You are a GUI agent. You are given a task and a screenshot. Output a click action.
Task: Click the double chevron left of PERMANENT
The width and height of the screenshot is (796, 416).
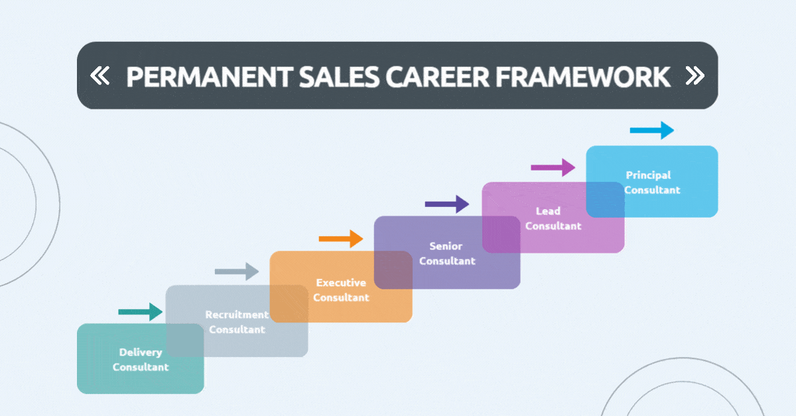tap(99, 76)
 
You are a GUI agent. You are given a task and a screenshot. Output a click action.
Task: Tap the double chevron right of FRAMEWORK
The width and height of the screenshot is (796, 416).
tap(695, 76)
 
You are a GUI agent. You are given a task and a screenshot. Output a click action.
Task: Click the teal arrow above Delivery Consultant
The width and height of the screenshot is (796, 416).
tap(140, 311)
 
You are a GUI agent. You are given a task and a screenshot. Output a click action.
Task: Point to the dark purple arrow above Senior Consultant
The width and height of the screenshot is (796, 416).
tap(446, 204)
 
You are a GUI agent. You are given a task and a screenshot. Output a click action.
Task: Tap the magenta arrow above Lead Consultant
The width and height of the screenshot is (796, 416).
tap(553, 167)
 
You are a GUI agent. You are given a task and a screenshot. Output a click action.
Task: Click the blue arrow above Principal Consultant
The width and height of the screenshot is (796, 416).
tap(651, 131)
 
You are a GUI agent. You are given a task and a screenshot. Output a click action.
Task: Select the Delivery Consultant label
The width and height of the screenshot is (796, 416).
tap(141, 360)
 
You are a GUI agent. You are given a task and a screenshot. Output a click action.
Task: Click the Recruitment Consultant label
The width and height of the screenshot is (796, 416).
tap(237, 322)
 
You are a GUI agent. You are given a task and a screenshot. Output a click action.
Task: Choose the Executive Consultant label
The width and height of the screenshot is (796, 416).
tap(341, 290)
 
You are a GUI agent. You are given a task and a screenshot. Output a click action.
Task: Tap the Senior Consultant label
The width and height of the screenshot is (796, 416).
tap(447, 253)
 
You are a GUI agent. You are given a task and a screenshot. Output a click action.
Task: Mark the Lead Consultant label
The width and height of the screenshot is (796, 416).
tap(553, 218)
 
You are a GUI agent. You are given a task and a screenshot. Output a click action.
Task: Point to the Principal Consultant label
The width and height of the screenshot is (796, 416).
tap(652, 182)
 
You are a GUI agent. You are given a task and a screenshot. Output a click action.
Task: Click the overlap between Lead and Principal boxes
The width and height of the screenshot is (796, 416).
tap(606, 199)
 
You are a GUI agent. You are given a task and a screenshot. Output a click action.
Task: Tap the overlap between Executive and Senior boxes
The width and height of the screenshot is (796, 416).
tap(393, 270)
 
